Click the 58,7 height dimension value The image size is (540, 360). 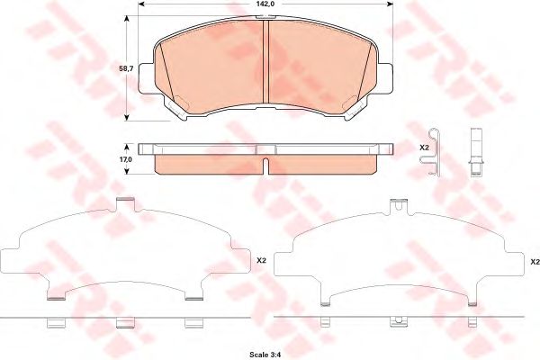126,68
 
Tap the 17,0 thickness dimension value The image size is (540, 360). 126,159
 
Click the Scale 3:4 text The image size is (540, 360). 265,355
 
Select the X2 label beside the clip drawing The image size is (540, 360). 424,148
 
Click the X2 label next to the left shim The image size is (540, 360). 262,261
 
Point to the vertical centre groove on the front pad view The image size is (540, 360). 265,61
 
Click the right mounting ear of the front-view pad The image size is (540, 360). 385,78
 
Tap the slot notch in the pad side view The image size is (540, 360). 265,166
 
